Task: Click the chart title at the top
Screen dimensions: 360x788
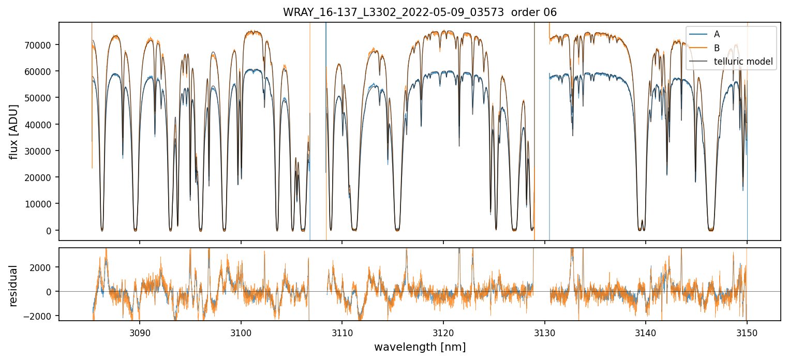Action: [x=420, y=12]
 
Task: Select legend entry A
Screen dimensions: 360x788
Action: [x=717, y=34]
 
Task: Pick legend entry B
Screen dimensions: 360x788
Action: [x=717, y=48]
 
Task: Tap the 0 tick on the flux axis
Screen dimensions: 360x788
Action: [x=50, y=231]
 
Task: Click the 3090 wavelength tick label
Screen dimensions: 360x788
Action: [x=140, y=333]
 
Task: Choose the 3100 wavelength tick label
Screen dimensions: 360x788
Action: [x=241, y=333]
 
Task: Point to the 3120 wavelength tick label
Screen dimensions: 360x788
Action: [x=443, y=333]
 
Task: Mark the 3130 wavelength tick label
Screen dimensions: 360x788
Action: [x=544, y=333]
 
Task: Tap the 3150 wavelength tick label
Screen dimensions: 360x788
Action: [x=747, y=333]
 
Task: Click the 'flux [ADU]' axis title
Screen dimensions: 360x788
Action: [x=13, y=131]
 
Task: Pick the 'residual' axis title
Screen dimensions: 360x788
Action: [x=13, y=285]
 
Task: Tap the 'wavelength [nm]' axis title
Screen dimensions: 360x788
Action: [x=420, y=347]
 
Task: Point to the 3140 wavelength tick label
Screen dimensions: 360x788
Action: [x=646, y=333]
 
